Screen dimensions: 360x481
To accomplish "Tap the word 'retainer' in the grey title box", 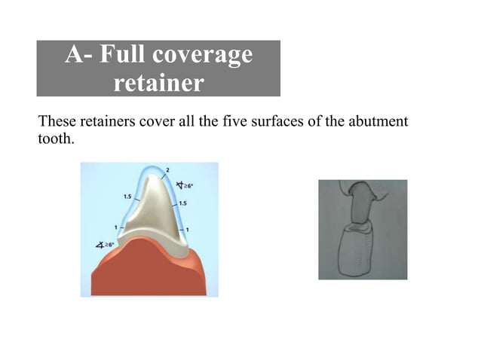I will pos(158,82).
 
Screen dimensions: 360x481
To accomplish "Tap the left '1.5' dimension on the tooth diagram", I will pos(128,196).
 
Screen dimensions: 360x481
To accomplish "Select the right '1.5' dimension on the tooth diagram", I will pos(183,203).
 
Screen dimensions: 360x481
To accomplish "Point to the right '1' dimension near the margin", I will pos(187,229).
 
